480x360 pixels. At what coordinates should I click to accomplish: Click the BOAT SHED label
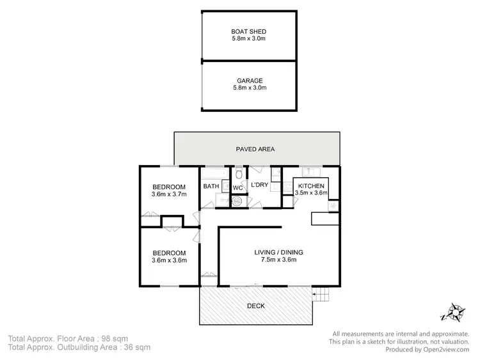(x=250, y=32)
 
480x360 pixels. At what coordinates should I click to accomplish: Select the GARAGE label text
(x=250, y=81)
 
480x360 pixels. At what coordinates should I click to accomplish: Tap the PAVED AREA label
(x=256, y=149)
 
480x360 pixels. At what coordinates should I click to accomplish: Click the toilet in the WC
(x=238, y=173)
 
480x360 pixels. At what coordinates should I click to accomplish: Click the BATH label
(x=211, y=187)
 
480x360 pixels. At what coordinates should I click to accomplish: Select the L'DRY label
(x=259, y=185)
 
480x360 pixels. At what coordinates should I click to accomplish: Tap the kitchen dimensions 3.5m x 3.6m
(x=312, y=192)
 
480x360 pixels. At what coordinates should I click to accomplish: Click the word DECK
(x=256, y=306)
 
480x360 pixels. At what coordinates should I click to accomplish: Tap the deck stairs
(x=319, y=295)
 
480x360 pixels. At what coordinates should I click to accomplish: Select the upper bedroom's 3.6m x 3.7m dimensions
(x=169, y=194)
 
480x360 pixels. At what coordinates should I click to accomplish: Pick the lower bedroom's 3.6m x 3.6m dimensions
(x=169, y=260)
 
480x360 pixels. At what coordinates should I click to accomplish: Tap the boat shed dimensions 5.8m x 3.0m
(x=250, y=39)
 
